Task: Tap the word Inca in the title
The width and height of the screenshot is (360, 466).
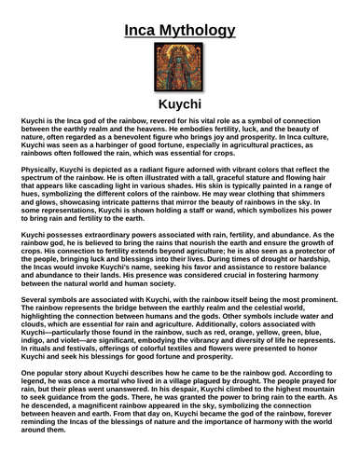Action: tap(144, 32)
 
